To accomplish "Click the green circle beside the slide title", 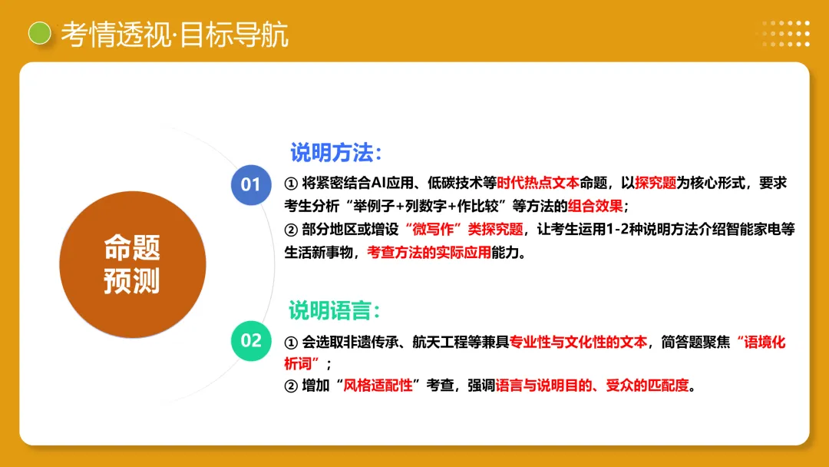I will [40, 32].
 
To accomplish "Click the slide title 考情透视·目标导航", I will [174, 34].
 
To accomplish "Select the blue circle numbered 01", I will [251, 184].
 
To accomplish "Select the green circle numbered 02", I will [251, 340].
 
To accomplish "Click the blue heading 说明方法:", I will [335, 152].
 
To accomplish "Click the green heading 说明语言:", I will [335, 310].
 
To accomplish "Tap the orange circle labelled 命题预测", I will [132, 264].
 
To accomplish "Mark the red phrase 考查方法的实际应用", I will [428, 252].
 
